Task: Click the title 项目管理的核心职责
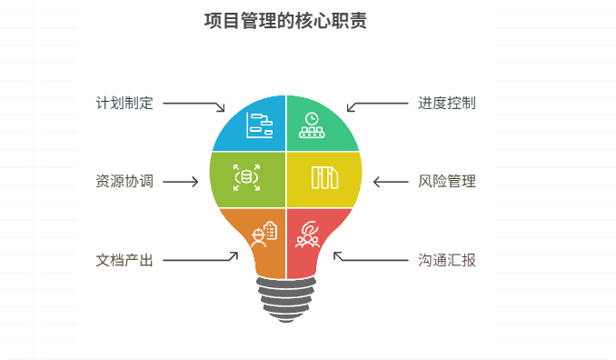(x=286, y=22)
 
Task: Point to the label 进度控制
(x=447, y=103)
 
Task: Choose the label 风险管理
(x=447, y=181)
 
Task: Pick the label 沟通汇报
(x=447, y=260)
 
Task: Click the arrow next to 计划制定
(x=194, y=105)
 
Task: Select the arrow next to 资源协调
(x=180, y=182)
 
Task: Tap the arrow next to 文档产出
(x=200, y=259)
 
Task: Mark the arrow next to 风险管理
(x=391, y=182)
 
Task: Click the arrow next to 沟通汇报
(x=370, y=259)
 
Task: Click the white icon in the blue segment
(x=260, y=125)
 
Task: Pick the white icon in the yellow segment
(x=324, y=177)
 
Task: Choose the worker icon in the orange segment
(x=263, y=233)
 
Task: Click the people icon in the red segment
(x=308, y=235)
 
